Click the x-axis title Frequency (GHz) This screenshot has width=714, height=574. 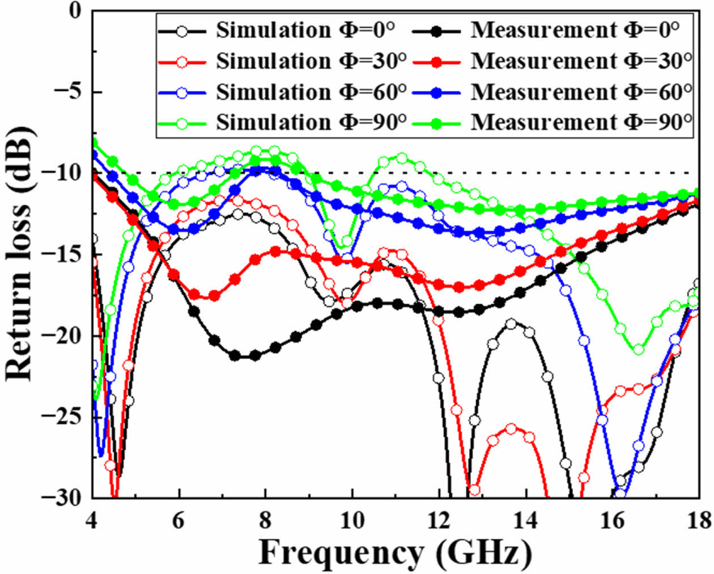395,552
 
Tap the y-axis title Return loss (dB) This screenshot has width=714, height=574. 20,253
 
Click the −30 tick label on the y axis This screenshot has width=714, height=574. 67,498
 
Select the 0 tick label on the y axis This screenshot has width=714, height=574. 76,11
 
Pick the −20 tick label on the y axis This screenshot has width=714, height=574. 67,335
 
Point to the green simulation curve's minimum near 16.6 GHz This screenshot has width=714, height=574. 639,350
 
